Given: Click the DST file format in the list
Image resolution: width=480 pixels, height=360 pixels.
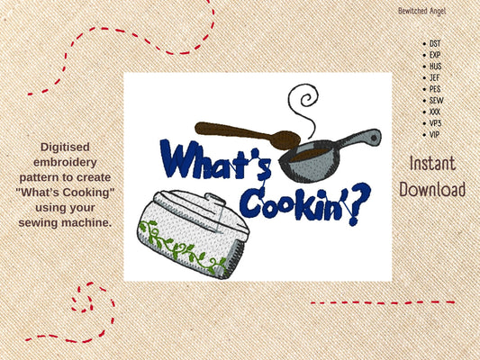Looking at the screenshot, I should click(435, 42).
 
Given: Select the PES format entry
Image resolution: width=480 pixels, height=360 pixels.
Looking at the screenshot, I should click(435, 88).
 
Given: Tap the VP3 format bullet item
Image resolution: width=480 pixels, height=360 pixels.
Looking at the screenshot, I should click(435, 122).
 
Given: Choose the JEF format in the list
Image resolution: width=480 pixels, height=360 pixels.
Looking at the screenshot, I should click(435, 76).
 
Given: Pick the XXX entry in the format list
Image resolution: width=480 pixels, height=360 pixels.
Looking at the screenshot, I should click(435, 111).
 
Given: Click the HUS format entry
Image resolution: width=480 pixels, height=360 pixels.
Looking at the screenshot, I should click(435, 65).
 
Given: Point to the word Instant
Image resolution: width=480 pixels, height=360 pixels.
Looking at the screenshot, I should click(432, 164).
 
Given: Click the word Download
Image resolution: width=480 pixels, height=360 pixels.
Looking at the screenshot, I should click(432, 190).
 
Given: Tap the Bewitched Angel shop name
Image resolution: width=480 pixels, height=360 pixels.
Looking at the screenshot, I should click(421, 11).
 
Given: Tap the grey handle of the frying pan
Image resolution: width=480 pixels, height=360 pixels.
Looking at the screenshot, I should click(360, 139).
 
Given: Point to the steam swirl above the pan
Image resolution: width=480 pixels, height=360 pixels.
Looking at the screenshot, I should click(302, 103).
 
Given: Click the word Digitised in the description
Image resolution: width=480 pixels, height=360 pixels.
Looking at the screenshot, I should click(76, 145).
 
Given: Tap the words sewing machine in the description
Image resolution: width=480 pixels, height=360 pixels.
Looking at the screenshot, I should click(76, 220).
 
